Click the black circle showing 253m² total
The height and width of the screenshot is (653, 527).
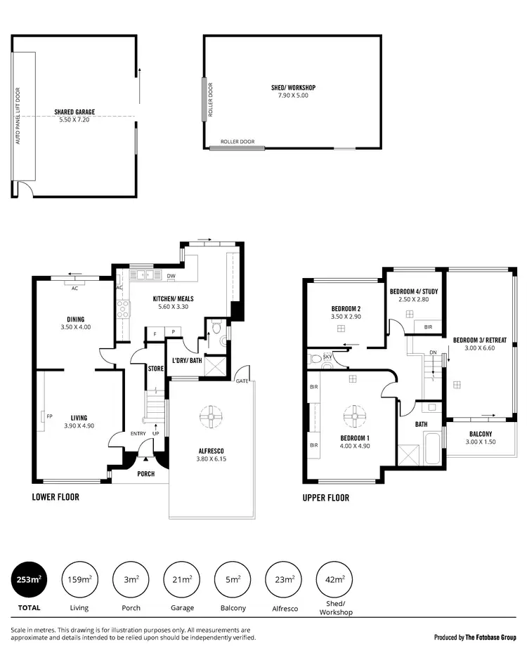pos(30,579)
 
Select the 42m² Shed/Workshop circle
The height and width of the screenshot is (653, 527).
pos(334,579)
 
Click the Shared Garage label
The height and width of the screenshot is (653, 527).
pos(74,112)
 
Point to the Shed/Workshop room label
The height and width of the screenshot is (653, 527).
pos(293,88)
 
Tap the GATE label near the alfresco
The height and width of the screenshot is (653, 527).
pos(242,380)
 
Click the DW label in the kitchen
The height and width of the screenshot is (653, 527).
pos(171,276)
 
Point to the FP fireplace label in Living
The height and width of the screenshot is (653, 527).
pos(49,416)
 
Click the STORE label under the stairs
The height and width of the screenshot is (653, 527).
pos(155,367)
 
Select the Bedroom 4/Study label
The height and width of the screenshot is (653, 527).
pos(413,291)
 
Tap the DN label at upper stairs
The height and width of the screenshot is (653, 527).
pos(433,352)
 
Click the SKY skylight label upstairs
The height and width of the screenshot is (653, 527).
pos(327,357)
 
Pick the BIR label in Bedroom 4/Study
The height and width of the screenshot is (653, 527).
pos(428,327)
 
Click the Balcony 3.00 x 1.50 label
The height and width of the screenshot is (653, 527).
pos(481,437)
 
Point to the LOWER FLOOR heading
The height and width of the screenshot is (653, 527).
pos(56,497)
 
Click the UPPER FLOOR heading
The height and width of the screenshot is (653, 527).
pos(325,498)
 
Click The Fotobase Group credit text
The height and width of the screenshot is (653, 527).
pos(475,638)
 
